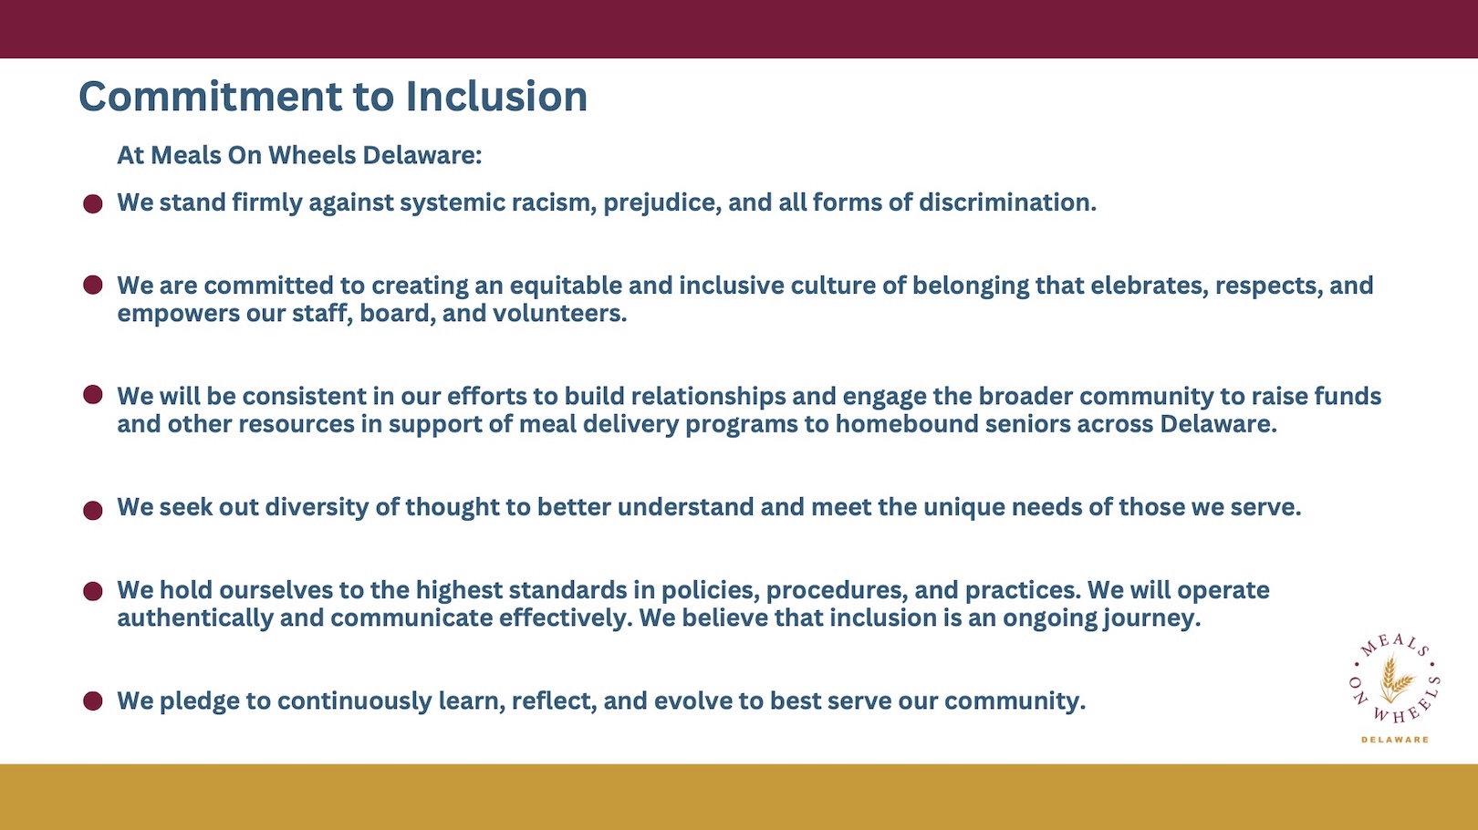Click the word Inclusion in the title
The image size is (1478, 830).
pos(496,97)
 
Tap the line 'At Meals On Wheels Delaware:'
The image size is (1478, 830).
pos(299,155)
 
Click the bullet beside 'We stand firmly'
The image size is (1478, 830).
pos(93,203)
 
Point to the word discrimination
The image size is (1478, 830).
pos(1006,202)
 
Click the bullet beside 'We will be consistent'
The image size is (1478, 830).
pos(93,395)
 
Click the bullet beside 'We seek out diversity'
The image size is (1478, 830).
pos(93,510)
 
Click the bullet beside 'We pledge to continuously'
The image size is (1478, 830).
pos(93,701)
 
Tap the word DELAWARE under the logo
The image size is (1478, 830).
pos(1395,740)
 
